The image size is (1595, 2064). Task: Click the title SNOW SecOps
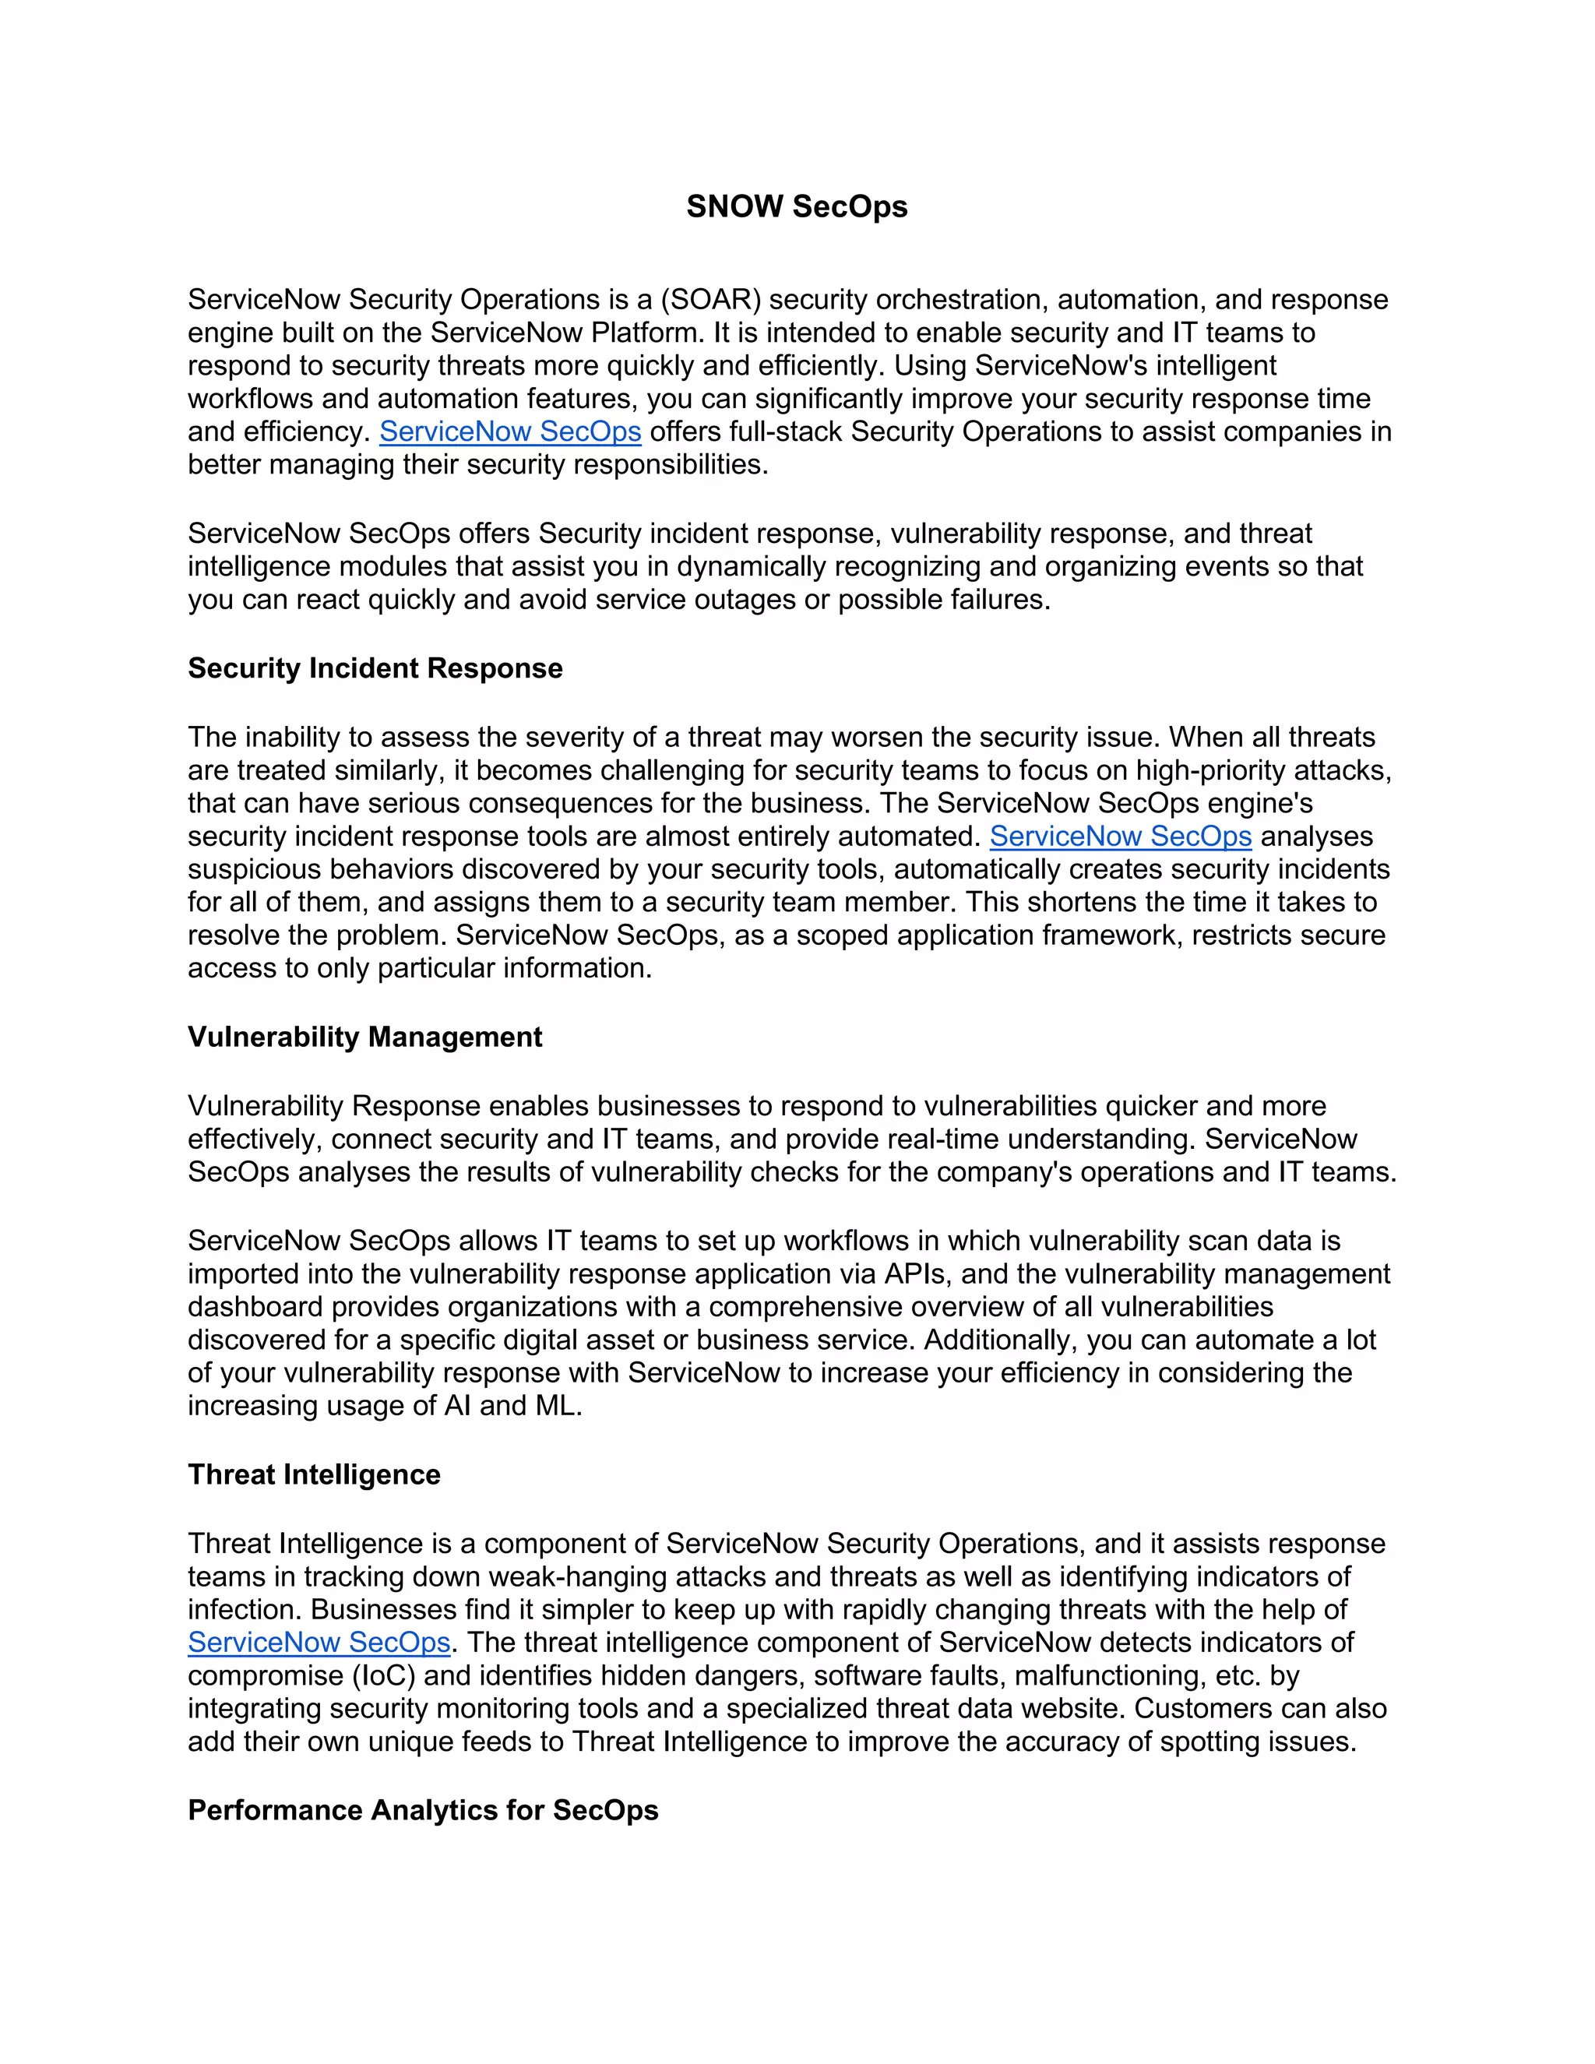click(797, 206)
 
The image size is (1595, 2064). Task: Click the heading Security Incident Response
click(375, 668)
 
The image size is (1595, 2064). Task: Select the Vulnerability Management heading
click(364, 1037)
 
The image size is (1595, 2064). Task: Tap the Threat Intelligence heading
click(314, 1474)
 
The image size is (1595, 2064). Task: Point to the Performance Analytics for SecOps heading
click(422, 1810)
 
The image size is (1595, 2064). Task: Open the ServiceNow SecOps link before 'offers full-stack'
click(510, 432)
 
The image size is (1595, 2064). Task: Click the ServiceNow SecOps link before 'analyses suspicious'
click(1120, 837)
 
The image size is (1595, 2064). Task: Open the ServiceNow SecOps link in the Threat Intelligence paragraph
click(319, 1643)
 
